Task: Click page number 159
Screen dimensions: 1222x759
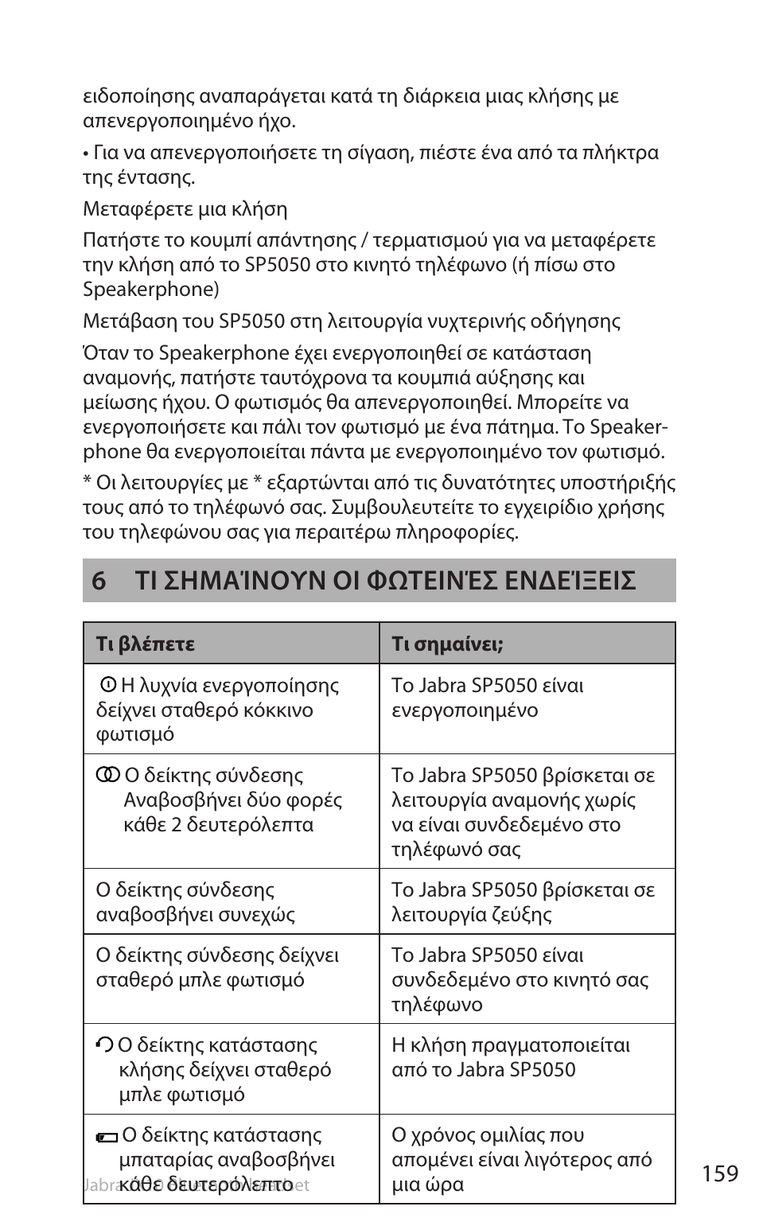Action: click(x=720, y=1173)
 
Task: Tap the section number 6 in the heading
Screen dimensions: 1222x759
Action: click(x=99, y=582)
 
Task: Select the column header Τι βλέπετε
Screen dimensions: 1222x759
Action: click(x=145, y=644)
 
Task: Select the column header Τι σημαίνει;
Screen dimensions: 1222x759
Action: click(x=447, y=644)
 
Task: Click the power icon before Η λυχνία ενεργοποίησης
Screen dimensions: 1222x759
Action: click(x=109, y=684)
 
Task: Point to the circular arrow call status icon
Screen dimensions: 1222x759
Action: click(x=104, y=1045)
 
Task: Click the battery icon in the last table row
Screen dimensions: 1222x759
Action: click(x=106, y=1138)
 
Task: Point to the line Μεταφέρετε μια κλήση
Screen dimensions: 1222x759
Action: click(x=185, y=209)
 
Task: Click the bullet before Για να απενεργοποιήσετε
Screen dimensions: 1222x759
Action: click(x=86, y=154)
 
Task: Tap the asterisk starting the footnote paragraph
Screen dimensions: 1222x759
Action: click(x=88, y=484)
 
